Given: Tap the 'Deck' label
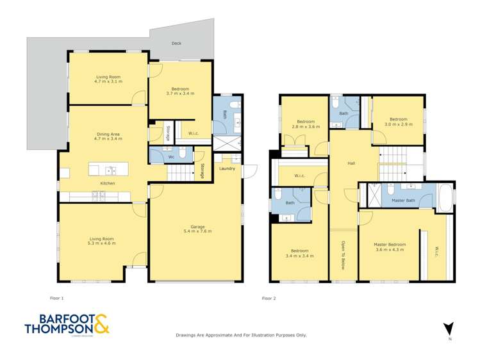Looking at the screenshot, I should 176,44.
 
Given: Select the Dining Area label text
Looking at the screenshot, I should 108,134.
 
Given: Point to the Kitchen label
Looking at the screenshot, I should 108,184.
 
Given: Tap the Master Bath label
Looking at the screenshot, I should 403,201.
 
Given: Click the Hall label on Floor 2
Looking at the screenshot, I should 351,163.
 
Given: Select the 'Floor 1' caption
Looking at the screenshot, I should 57,298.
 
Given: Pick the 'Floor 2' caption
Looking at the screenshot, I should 269,298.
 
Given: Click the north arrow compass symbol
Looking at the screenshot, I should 450,328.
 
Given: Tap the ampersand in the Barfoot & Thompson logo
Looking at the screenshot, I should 101,327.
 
